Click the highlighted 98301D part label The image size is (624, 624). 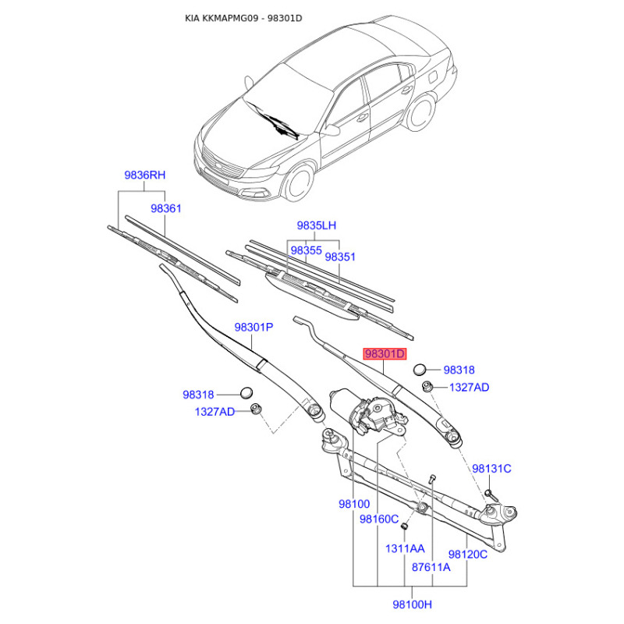tap(385, 354)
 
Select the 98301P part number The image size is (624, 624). tap(253, 327)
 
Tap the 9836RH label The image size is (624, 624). tap(145, 175)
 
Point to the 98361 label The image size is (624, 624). tap(166, 208)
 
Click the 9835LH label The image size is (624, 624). tap(317, 225)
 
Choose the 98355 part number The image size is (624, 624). tap(306, 250)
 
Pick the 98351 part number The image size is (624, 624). tap(340, 257)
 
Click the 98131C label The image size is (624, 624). tap(491, 469)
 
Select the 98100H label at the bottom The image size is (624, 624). tap(413, 604)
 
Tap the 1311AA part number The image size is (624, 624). tap(405, 549)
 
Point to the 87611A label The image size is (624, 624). tap(431, 567)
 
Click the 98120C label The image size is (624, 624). tap(467, 555)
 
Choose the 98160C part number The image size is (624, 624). tap(379, 519)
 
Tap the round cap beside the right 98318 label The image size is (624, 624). tap(420, 370)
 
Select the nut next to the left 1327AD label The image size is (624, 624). tap(256, 409)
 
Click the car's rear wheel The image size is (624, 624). tap(420, 113)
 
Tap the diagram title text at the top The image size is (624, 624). tap(243, 18)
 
